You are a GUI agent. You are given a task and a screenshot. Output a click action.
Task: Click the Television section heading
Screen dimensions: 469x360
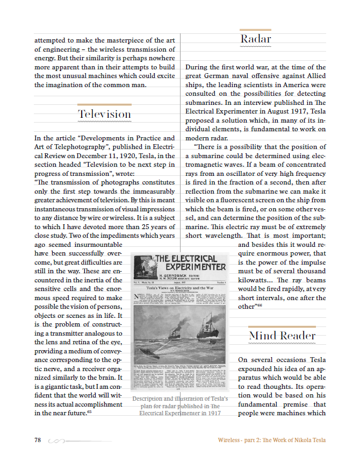pyautogui.click(x=104, y=114)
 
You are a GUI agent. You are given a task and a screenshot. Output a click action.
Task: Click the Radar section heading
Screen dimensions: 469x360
pyautogui.click(x=256, y=39)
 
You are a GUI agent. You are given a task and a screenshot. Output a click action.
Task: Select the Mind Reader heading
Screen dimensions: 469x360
pyautogui.click(x=282, y=336)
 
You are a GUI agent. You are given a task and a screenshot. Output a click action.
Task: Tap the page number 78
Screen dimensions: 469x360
pyautogui.click(x=38, y=440)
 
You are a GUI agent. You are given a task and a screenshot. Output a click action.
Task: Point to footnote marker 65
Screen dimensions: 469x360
pyautogui.click(x=89, y=412)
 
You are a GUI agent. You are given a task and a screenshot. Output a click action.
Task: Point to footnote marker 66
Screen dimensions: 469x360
pyautogui.click(x=260, y=305)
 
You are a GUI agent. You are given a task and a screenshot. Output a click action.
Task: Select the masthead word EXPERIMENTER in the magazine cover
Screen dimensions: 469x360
pyautogui.click(x=196, y=267)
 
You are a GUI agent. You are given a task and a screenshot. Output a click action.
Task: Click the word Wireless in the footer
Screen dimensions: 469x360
pyautogui.click(x=230, y=440)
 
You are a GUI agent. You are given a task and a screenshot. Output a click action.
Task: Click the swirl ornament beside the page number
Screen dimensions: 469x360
pyautogui.click(x=56, y=440)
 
